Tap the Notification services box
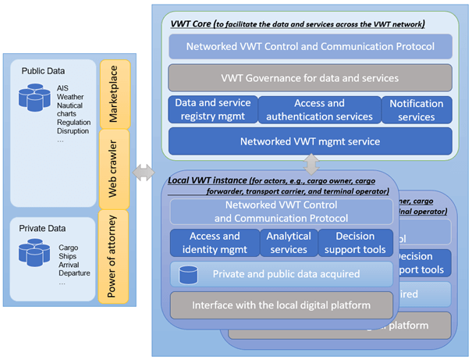[x=416, y=110]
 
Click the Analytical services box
[x=287, y=243]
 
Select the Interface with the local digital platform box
[x=281, y=305]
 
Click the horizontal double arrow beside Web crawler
[x=143, y=173]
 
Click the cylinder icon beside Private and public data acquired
[x=187, y=274]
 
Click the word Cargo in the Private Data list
[x=69, y=248]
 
